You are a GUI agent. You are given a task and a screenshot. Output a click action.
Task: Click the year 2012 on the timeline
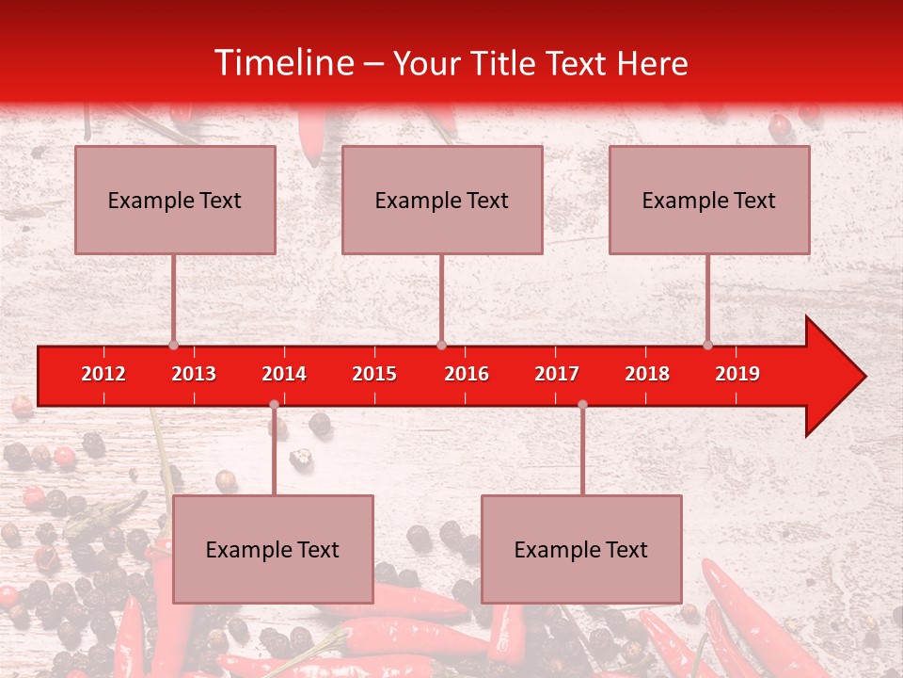(103, 374)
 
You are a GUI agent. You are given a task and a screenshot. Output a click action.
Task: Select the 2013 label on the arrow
(194, 374)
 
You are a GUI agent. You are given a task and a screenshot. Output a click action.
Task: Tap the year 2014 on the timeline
(284, 374)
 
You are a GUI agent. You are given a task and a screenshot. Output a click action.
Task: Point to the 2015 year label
(374, 374)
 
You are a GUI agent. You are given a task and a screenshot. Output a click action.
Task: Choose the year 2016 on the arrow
(467, 374)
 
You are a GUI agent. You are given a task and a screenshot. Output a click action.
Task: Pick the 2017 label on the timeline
(557, 374)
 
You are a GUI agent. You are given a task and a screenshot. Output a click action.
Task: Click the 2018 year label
(647, 374)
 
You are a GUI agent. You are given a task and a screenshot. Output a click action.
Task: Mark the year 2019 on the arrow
(737, 374)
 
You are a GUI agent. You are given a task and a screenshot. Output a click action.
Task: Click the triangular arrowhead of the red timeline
(833, 377)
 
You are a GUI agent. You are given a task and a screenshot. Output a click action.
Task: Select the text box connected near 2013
(175, 200)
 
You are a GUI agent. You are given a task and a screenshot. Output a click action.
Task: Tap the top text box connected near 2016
(442, 200)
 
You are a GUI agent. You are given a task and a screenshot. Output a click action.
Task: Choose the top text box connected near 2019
(709, 200)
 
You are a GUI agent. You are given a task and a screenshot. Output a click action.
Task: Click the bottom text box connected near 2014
(273, 549)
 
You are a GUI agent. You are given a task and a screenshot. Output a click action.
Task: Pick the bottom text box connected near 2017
(581, 549)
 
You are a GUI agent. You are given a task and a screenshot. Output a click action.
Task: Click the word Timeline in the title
(285, 63)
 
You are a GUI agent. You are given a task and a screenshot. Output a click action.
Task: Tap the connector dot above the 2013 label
(173, 345)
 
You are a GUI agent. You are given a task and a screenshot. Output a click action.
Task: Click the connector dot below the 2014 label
(274, 405)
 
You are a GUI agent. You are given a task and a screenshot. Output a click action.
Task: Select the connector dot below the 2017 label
(582, 405)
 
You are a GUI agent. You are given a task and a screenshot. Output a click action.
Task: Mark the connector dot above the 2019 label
(707, 345)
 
